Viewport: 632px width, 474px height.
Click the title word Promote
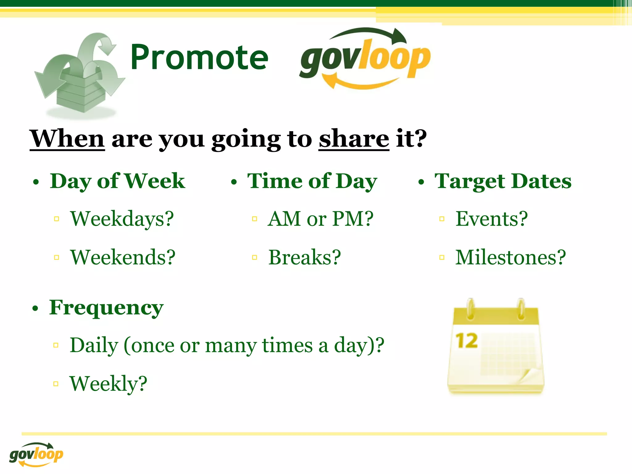coord(199,57)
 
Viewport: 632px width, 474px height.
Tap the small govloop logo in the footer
coord(36,454)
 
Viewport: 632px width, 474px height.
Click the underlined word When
coord(67,139)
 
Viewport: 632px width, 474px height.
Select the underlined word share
coord(354,139)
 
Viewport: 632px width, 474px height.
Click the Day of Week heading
coord(117,181)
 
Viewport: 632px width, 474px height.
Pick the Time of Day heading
coord(312,181)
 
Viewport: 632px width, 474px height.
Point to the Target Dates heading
coord(503,181)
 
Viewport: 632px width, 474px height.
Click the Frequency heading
coord(106,308)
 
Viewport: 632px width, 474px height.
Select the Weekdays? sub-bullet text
coord(122,219)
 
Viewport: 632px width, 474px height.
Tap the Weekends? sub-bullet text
coord(123,257)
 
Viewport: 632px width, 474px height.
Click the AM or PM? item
coord(320,219)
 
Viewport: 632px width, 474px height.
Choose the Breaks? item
coord(305,257)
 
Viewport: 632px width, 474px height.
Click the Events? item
coord(492,219)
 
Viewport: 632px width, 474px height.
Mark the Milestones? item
coord(510,257)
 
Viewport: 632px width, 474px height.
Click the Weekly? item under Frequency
coord(108,384)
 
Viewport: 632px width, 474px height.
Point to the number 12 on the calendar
coord(467,341)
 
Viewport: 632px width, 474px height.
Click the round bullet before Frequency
coord(36,308)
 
